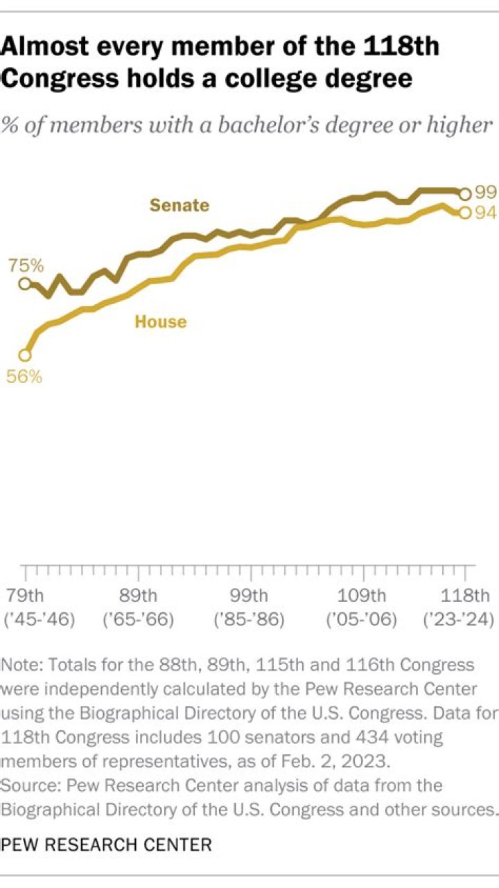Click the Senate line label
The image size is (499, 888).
pyautogui.click(x=180, y=205)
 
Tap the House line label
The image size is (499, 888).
pyautogui.click(x=160, y=321)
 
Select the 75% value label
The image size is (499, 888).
pyautogui.click(x=26, y=265)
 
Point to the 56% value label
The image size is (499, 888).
pyautogui.click(x=25, y=377)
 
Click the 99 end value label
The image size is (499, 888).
pyautogui.click(x=486, y=193)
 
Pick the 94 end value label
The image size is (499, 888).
pyautogui.click(x=486, y=213)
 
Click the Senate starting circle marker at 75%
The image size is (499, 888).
pyautogui.click(x=25, y=283)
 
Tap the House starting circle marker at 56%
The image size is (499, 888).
pyautogui.click(x=25, y=355)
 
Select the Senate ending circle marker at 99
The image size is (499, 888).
pyautogui.click(x=466, y=194)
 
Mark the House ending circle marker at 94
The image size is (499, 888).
pyautogui.click(x=465, y=213)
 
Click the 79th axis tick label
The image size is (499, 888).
pyautogui.click(x=25, y=595)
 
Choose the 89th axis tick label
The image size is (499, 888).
pyautogui.click(x=138, y=595)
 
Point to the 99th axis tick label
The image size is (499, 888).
pyautogui.click(x=249, y=595)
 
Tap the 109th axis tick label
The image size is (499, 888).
pyautogui.click(x=362, y=595)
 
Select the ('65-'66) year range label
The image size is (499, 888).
pyautogui.click(x=138, y=619)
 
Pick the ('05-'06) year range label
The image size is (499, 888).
pyautogui.click(x=362, y=619)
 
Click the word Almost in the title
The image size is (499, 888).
pyautogui.click(x=46, y=48)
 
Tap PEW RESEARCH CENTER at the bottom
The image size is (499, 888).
pyautogui.click(x=107, y=844)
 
